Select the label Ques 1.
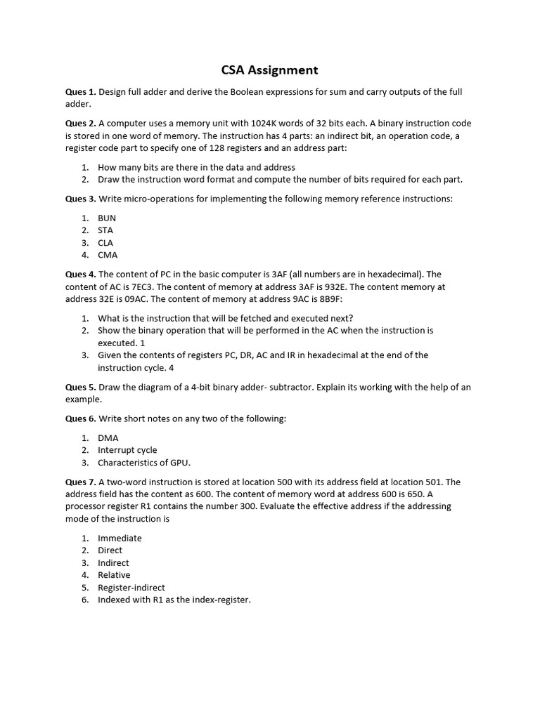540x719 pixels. coord(80,92)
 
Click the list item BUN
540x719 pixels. coord(107,218)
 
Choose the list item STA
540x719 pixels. coord(105,230)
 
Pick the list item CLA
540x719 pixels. coord(105,243)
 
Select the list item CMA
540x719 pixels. coord(108,255)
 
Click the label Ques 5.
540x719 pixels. coord(80,387)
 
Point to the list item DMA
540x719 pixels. coord(108,437)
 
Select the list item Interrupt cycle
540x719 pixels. coord(127,450)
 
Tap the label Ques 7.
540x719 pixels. coord(80,482)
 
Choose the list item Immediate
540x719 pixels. coord(120,538)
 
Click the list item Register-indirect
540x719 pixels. coord(131,588)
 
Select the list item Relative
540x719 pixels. coord(114,575)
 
